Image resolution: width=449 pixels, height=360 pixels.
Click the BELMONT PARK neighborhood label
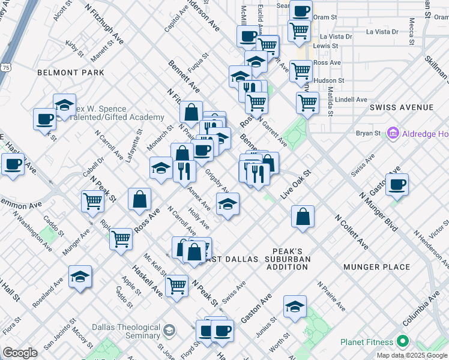click(70, 73)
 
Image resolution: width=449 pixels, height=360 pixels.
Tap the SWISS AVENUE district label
click(401, 107)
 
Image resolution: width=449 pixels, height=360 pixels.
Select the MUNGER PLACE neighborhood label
click(376, 267)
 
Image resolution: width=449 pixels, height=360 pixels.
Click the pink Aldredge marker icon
click(394, 132)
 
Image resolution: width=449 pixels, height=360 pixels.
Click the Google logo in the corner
click(20, 352)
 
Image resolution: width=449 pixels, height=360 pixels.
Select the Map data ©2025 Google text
click(412, 355)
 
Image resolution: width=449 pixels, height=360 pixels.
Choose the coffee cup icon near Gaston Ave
click(397, 185)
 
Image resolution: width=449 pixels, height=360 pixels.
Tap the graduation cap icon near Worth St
click(295, 307)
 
